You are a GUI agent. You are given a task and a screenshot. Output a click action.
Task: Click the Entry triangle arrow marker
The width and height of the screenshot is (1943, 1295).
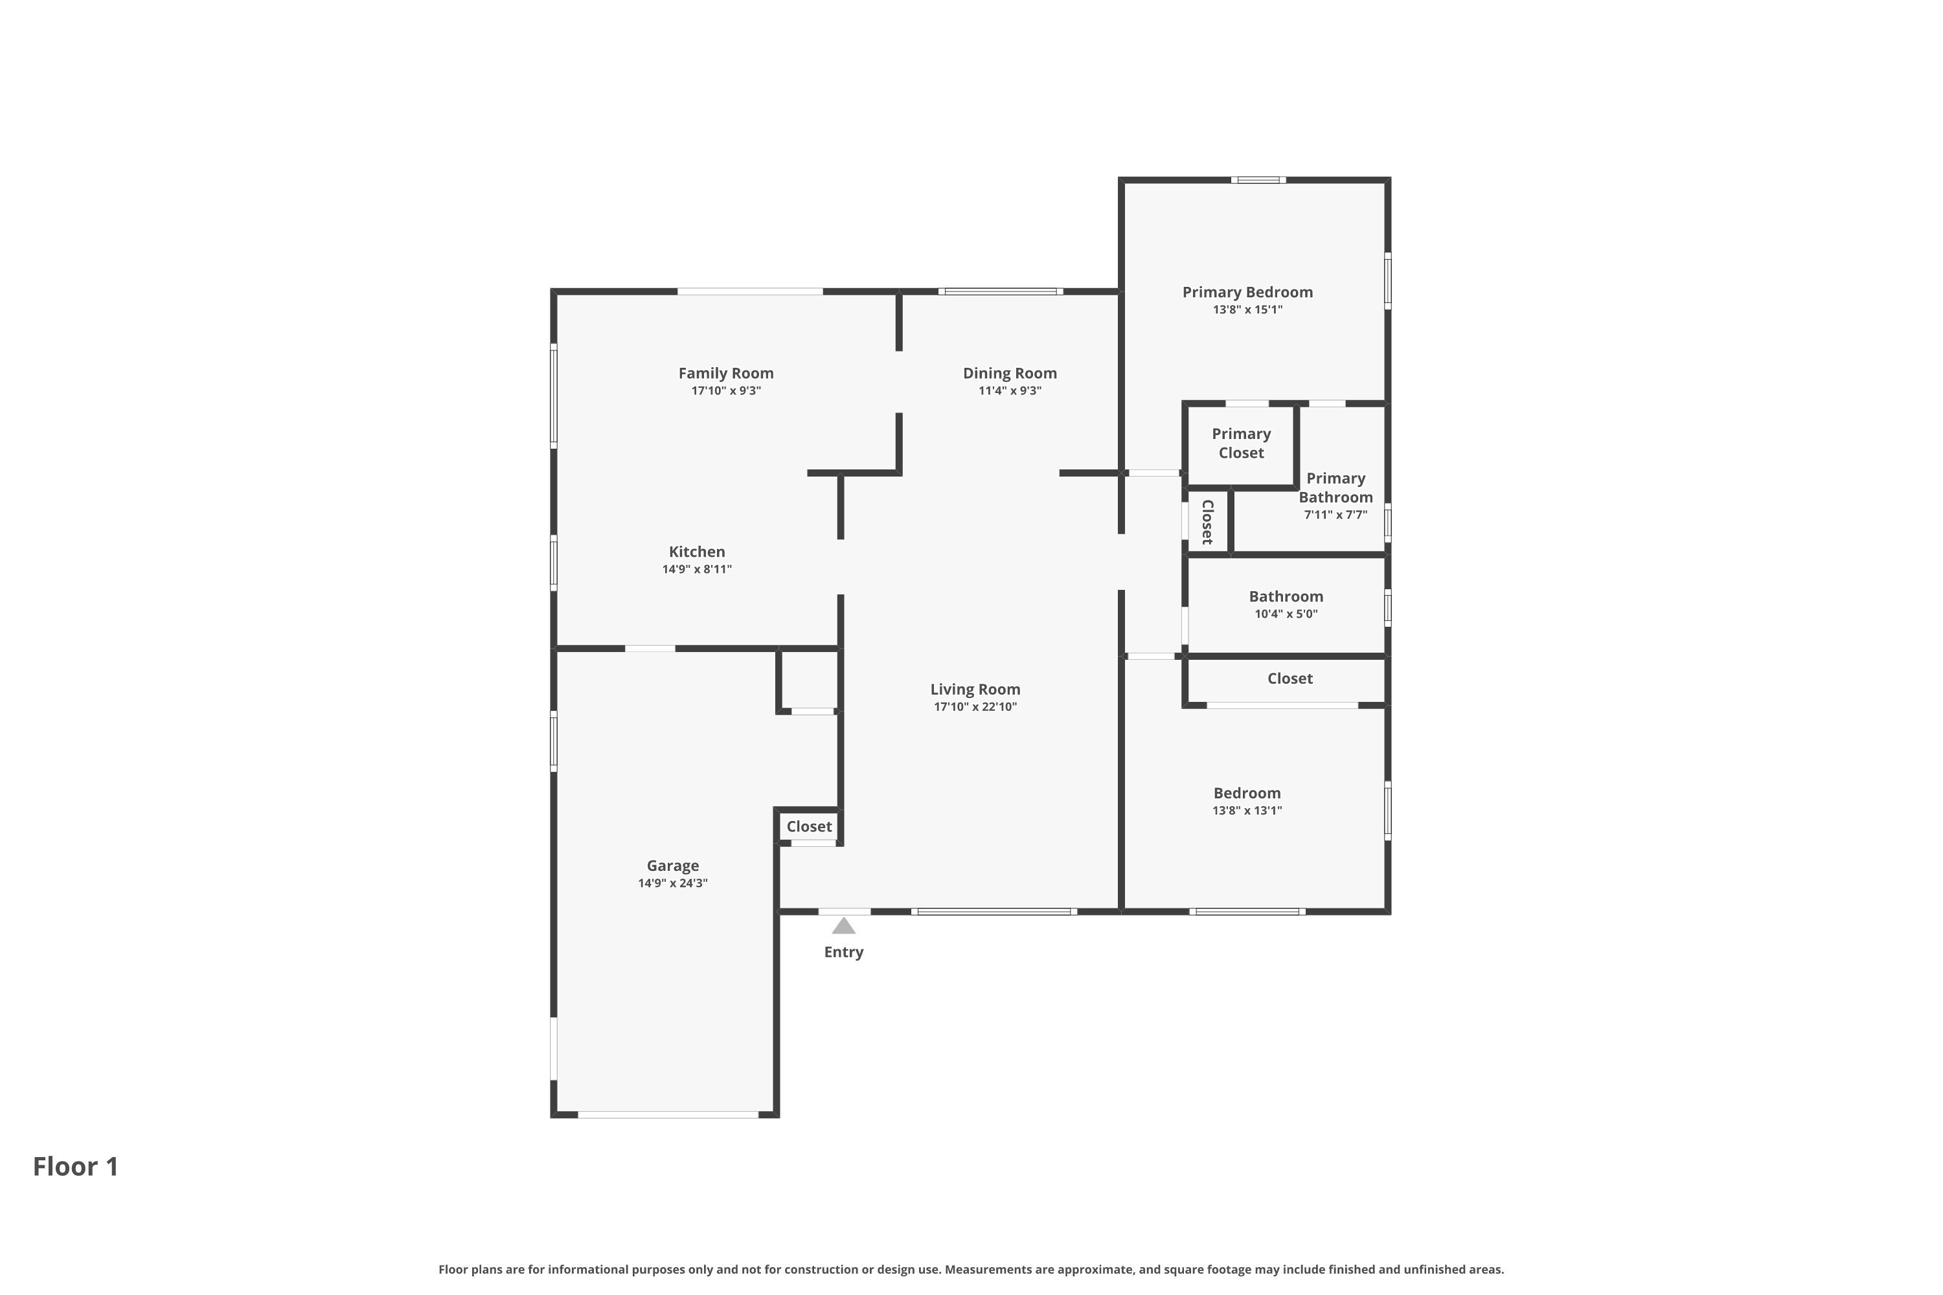[x=843, y=926]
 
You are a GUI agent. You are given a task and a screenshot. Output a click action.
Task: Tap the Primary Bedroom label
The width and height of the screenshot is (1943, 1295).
[x=1247, y=293]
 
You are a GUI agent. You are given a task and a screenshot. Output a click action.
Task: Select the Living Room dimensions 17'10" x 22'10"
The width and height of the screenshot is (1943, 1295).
[x=975, y=707]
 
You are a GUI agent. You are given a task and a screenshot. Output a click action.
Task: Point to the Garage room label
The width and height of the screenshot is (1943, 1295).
[x=672, y=866]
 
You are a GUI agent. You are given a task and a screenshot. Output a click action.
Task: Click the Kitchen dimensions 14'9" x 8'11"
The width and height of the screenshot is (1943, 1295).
[x=696, y=570]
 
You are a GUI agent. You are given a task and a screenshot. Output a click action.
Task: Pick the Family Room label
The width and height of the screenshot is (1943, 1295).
[x=726, y=374]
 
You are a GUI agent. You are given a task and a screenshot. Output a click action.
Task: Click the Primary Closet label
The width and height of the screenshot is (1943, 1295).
[x=1241, y=444]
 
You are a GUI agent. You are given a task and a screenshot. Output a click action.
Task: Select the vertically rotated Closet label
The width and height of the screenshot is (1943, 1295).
[x=1207, y=522]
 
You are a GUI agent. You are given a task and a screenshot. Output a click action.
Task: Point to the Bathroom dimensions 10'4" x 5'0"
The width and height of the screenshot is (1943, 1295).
[x=1286, y=614]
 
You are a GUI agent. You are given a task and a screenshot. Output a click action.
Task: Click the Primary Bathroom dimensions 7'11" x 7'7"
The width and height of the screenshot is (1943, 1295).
[x=1335, y=515]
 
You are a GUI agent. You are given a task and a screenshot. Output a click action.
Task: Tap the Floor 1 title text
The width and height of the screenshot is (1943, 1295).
[x=75, y=1166]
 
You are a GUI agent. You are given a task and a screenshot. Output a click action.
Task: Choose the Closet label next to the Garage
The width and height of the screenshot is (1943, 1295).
[x=809, y=827]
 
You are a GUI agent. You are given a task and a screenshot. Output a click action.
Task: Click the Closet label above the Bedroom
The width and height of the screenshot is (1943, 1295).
[x=1290, y=679]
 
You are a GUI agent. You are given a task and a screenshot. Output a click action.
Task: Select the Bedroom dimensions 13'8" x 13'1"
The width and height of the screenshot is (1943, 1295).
[x=1247, y=811]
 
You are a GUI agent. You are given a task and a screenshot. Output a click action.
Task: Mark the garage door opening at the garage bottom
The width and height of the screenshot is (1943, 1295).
[x=668, y=1115]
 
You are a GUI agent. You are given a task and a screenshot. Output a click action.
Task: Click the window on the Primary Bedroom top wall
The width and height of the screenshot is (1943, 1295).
[x=1258, y=180]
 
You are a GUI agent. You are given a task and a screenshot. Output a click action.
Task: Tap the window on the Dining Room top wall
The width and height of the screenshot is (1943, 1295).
[x=1001, y=291]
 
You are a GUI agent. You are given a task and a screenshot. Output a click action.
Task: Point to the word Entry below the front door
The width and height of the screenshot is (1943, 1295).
[x=843, y=952]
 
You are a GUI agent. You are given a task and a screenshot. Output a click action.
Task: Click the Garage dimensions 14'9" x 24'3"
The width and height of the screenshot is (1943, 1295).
[x=672, y=884]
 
